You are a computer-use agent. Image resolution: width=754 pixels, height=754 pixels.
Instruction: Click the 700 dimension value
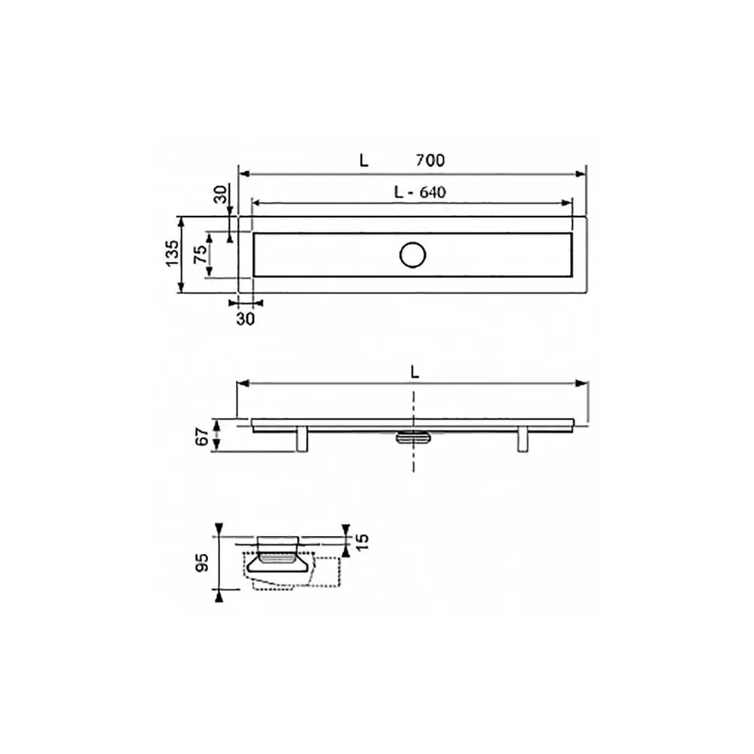(430, 160)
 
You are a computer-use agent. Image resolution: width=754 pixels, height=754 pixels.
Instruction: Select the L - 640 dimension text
(420, 192)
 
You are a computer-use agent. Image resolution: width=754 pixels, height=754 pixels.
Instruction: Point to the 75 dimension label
(201, 253)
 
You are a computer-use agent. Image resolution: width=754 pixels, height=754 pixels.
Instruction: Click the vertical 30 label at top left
(220, 195)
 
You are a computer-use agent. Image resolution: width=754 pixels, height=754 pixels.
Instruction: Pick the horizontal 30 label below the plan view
(245, 319)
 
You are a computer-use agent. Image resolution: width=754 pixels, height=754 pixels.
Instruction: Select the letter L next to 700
(364, 160)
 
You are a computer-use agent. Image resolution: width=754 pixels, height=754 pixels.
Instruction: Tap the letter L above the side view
(415, 372)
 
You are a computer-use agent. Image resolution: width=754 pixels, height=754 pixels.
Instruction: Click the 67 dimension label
(202, 437)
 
